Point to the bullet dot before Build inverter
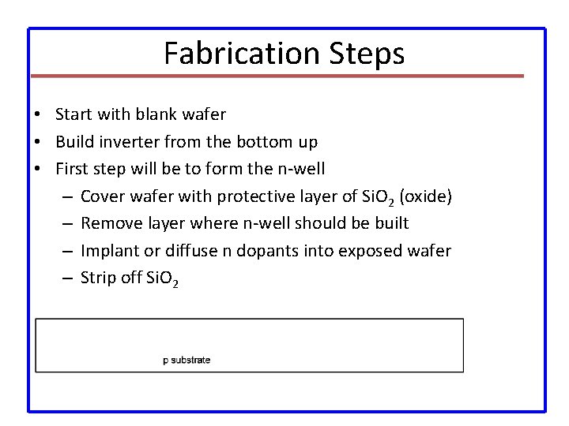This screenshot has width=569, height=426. coord(38,142)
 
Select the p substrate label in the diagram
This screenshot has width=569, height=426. coord(187,361)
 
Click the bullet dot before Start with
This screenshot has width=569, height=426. coord(38,114)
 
